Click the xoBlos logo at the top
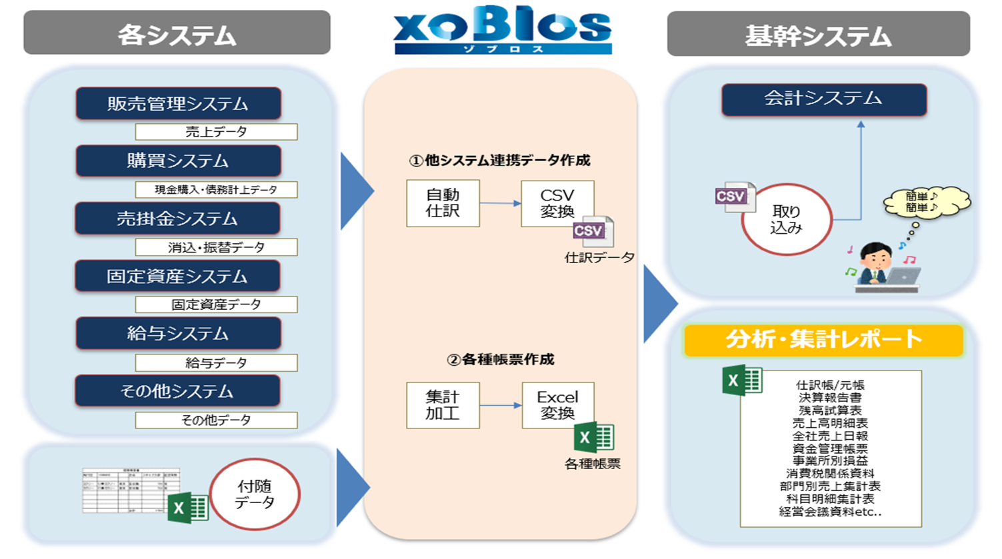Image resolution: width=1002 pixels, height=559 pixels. click(502, 30)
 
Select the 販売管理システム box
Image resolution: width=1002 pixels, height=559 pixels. click(178, 104)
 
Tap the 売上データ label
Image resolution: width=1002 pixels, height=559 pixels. click(216, 132)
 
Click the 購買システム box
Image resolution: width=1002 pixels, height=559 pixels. click(178, 161)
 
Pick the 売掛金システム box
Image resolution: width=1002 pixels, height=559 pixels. click(177, 219)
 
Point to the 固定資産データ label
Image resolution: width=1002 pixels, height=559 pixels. click(216, 304)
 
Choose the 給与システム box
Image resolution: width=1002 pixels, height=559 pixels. click(178, 333)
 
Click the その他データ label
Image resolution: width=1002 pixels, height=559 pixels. click(216, 420)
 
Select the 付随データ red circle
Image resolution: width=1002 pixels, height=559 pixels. click(255, 494)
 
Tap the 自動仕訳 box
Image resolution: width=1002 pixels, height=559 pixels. click(443, 203)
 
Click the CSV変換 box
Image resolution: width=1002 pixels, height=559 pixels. click(557, 203)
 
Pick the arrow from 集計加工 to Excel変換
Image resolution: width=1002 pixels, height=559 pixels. click(500, 405)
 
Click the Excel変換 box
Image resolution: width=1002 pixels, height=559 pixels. click(557, 405)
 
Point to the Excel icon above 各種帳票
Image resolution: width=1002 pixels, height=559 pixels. click(593, 438)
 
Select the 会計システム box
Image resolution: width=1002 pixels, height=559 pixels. click(823, 99)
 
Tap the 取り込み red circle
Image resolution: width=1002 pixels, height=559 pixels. click(787, 219)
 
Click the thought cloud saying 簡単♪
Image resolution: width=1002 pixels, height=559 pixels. click(926, 202)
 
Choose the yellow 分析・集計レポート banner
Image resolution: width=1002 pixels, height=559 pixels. click(823, 340)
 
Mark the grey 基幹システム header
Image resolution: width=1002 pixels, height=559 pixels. click(818, 34)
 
